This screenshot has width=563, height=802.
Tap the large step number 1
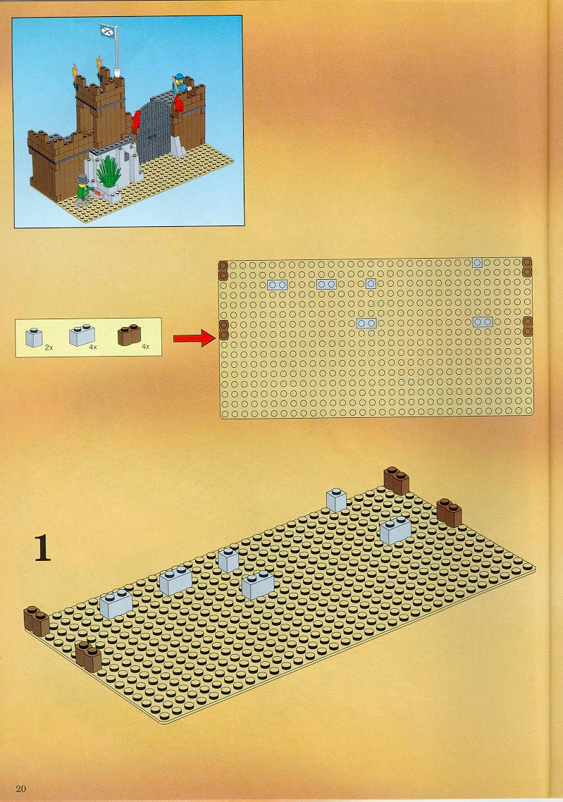click(x=43, y=548)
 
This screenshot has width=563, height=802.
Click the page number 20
click(x=20, y=788)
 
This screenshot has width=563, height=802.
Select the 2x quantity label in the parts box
click(x=49, y=347)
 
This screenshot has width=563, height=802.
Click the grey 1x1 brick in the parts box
click(x=34, y=338)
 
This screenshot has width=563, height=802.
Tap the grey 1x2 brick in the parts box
click(x=82, y=335)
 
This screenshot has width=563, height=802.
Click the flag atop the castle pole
click(x=107, y=30)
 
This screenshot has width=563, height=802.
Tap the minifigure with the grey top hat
click(x=83, y=190)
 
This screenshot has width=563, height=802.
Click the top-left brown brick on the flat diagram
click(x=223, y=271)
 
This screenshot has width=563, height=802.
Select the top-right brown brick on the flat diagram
click(x=527, y=266)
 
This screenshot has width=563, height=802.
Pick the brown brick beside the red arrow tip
click(x=223, y=331)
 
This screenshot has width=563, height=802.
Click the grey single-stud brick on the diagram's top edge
click(x=476, y=263)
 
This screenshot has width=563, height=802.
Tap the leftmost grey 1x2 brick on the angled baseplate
click(x=116, y=603)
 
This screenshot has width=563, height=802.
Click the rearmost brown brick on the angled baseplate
click(x=397, y=480)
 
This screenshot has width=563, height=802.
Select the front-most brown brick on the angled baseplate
click(x=89, y=657)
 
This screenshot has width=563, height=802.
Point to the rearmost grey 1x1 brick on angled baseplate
click(x=337, y=500)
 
